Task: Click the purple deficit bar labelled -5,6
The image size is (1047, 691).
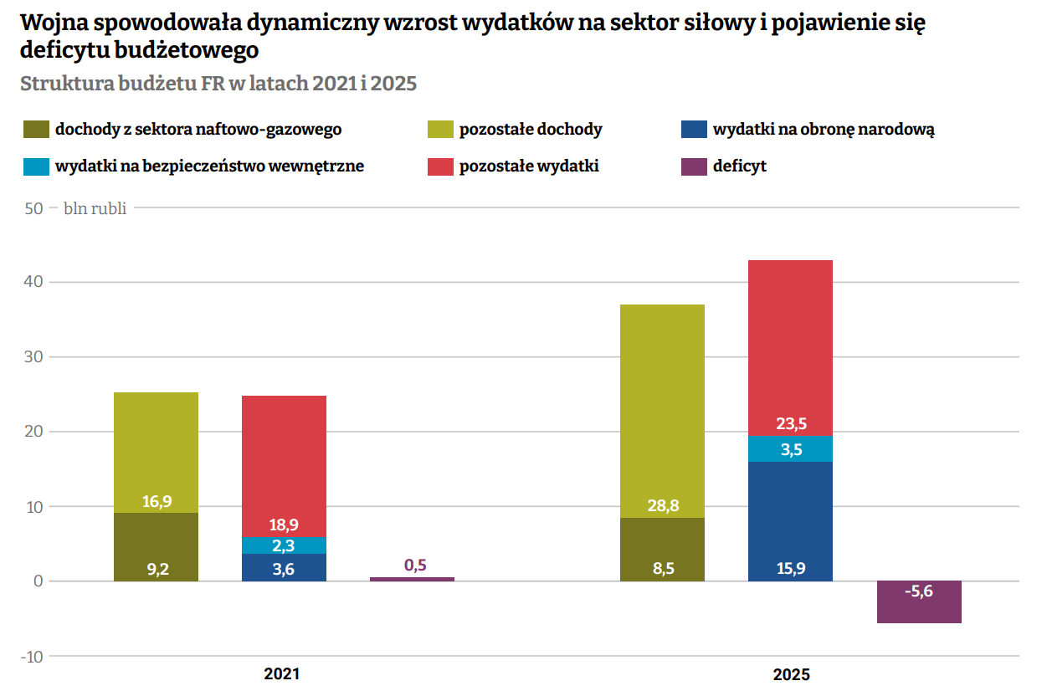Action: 919,602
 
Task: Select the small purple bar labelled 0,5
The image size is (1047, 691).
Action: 412,579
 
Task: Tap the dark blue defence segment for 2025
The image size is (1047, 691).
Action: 790,520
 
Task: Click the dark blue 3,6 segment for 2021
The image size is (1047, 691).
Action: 284,567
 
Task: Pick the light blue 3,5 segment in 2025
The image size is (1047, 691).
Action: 790,449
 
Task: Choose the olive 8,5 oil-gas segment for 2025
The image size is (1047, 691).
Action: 662,550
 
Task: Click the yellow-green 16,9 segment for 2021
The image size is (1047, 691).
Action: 156,453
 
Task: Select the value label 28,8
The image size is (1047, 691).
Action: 662,506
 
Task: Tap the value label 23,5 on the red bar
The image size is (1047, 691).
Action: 791,423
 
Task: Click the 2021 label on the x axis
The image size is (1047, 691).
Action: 281,673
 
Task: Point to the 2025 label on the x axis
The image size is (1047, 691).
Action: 791,673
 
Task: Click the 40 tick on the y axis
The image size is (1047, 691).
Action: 33,283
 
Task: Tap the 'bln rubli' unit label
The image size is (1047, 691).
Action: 95,208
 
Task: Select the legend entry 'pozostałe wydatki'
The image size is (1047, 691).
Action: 528,166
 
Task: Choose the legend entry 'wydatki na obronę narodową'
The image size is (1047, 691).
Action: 823,130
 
